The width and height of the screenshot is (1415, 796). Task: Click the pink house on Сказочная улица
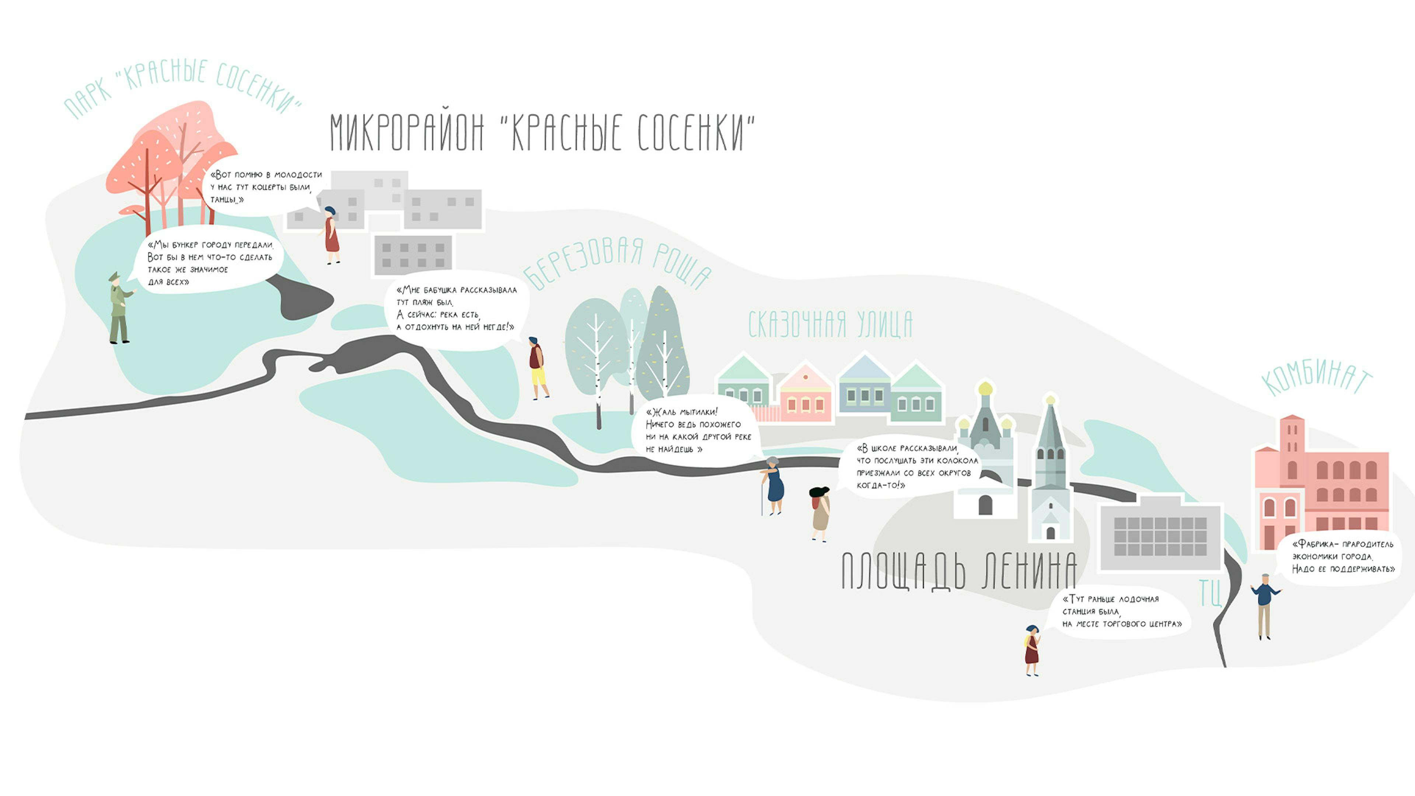pos(805,393)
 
